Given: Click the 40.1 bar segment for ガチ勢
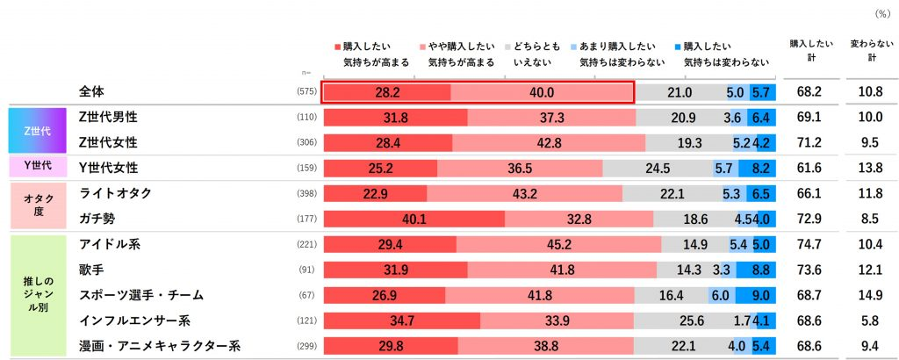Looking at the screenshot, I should (x=414, y=219).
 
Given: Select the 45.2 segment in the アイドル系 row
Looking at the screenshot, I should (x=558, y=245).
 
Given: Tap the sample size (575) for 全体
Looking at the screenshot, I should (x=306, y=92).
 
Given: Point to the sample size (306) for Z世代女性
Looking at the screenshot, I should (x=306, y=142).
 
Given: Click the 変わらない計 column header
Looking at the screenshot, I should (x=867, y=49).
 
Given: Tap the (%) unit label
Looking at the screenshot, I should (x=881, y=14).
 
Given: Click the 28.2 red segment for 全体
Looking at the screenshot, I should (x=387, y=92).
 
